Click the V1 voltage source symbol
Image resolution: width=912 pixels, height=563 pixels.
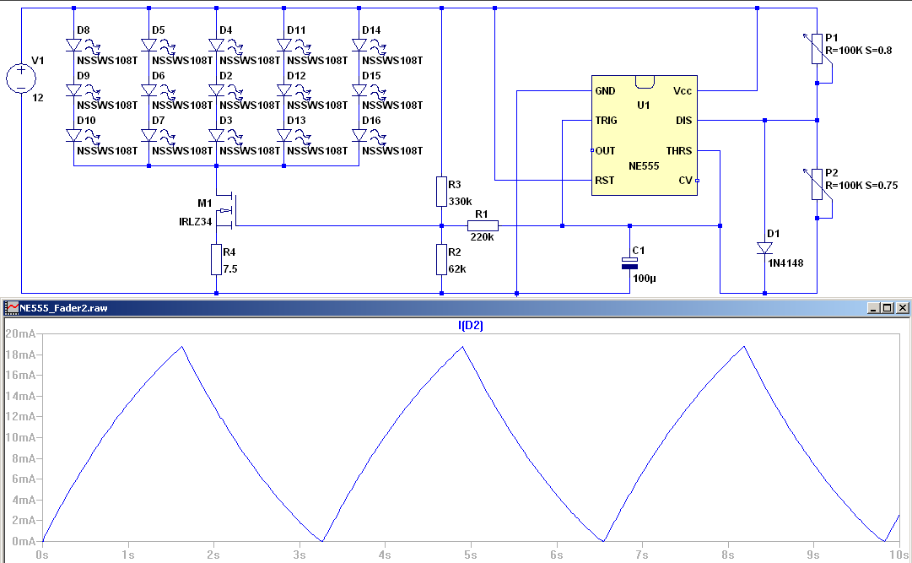pyautogui.click(x=21, y=78)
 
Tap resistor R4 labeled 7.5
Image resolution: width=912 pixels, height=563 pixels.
pyautogui.click(x=217, y=259)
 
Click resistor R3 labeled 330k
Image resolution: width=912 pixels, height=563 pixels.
pyautogui.click(x=441, y=192)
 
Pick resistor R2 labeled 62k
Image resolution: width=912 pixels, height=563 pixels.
pyautogui.click(x=441, y=259)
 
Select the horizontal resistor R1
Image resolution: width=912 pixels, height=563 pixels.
pyautogui.click(x=483, y=225)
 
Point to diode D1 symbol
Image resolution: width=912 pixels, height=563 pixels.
pyautogui.click(x=764, y=248)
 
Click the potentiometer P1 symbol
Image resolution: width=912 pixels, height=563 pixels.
pyautogui.click(x=817, y=49)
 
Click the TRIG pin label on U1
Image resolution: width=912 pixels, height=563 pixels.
pyautogui.click(x=606, y=121)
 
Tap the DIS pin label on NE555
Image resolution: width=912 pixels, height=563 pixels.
pyautogui.click(x=683, y=121)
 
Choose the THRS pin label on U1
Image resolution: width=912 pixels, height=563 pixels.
pyautogui.click(x=679, y=151)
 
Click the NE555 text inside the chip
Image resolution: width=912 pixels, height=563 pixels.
pyautogui.click(x=644, y=166)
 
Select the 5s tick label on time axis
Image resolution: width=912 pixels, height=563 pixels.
pyautogui.click(x=470, y=555)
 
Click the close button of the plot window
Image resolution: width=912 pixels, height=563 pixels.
pyautogui.click(x=902, y=308)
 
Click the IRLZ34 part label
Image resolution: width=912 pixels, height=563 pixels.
pyautogui.click(x=196, y=222)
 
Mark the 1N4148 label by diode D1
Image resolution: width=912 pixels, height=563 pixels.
pyautogui.click(x=785, y=263)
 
